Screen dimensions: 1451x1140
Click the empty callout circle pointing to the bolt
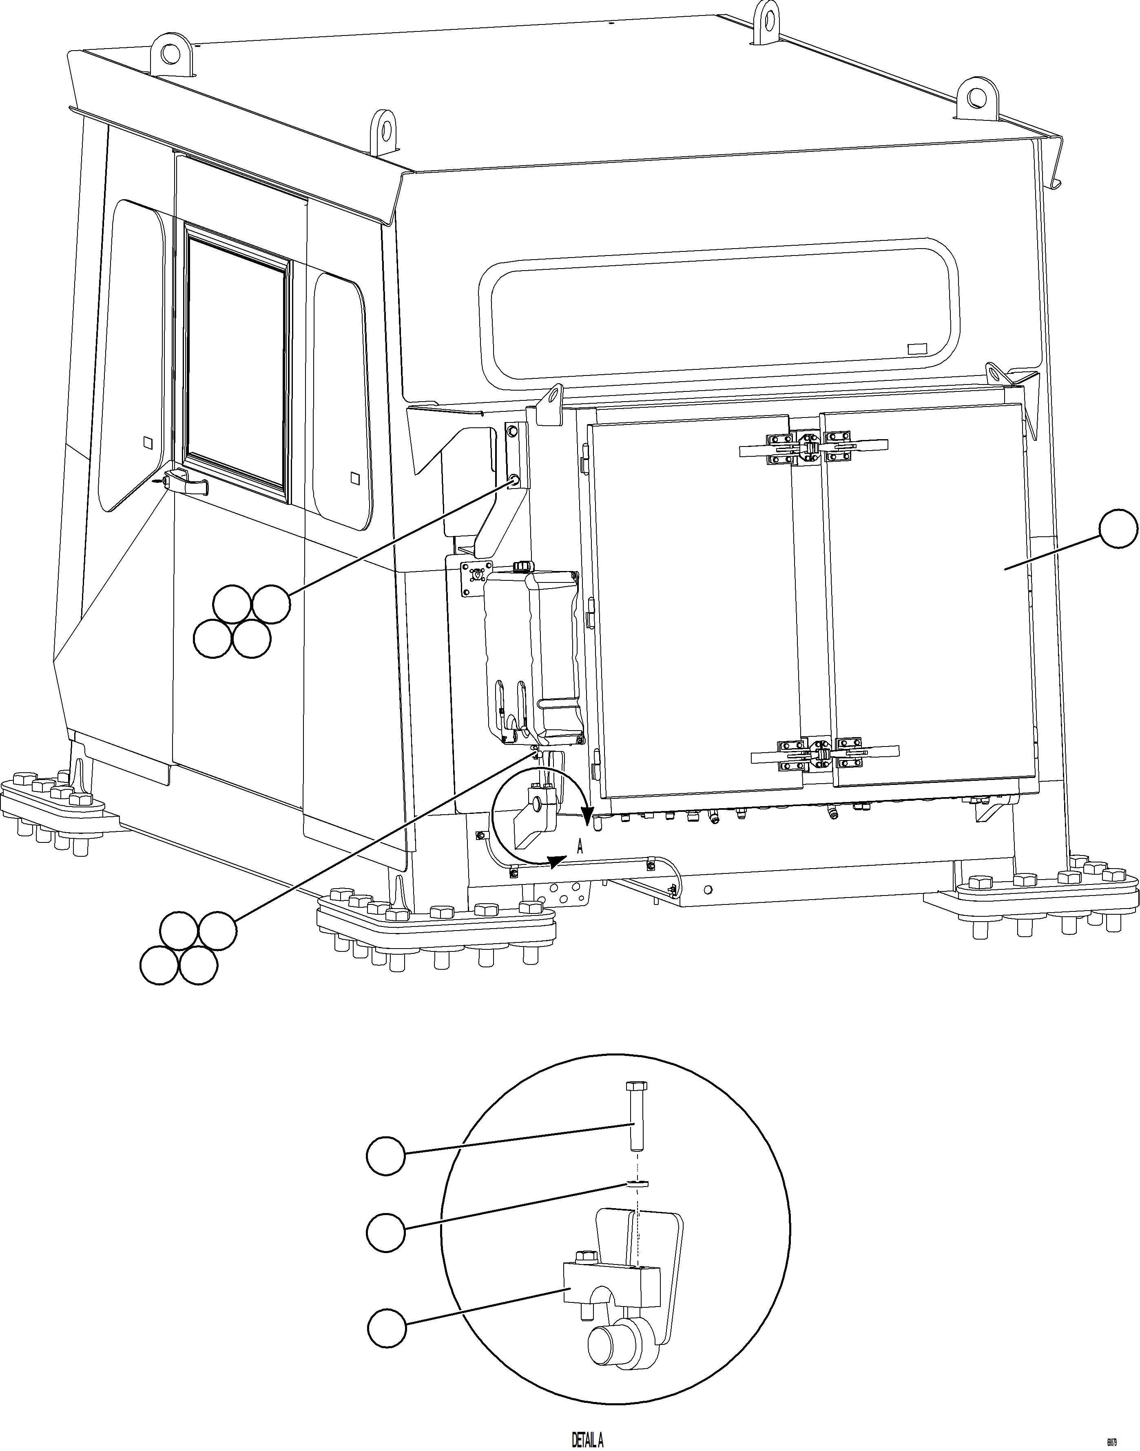tap(386, 1156)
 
